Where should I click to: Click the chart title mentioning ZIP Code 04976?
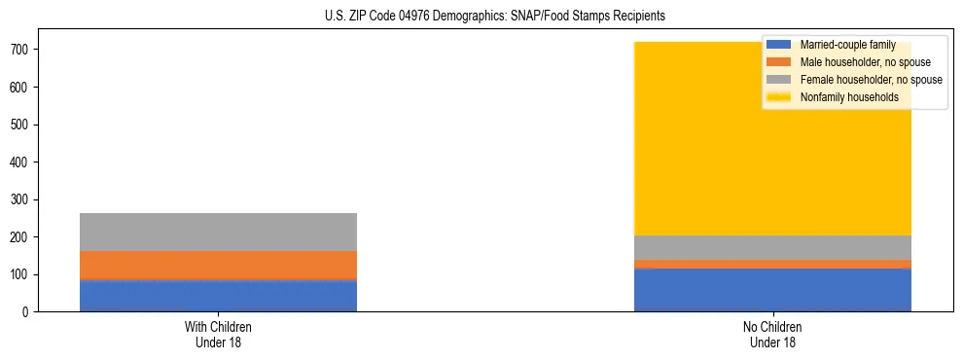pyautogui.click(x=495, y=17)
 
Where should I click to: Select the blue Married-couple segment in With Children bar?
pyautogui.click(x=218, y=296)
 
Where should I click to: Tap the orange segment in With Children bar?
pyautogui.click(x=218, y=265)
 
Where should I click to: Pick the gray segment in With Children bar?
pyautogui.click(x=218, y=232)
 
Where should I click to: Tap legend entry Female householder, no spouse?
pyautogui.click(x=870, y=80)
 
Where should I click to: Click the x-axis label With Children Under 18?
pyautogui.click(x=218, y=335)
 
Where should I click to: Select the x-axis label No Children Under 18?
pyautogui.click(x=772, y=335)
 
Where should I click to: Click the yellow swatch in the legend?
pyautogui.click(x=780, y=97)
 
